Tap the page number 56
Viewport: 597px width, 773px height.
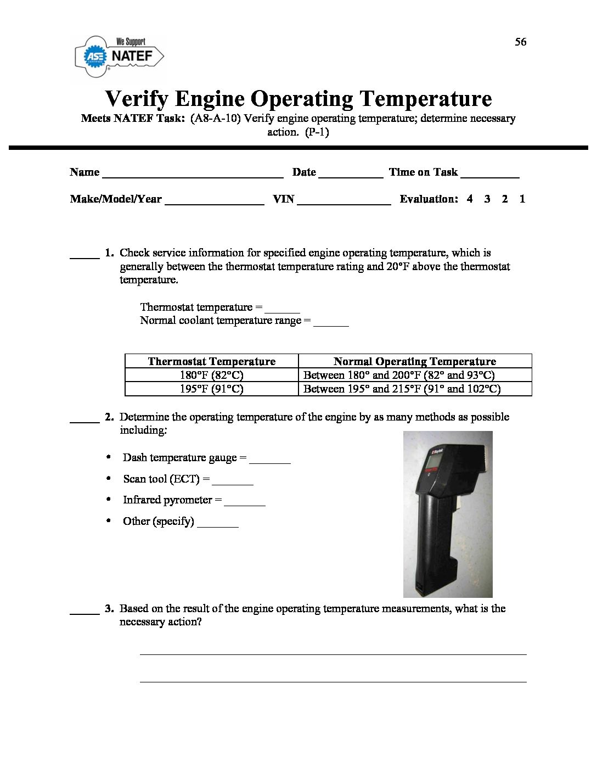click(x=520, y=42)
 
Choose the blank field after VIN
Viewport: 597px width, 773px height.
click(x=343, y=202)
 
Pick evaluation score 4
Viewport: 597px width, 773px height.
click(x=470, y=199)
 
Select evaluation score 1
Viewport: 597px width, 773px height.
click(x=522, y=199)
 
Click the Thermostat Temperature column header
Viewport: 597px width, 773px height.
click(x=212, y=361)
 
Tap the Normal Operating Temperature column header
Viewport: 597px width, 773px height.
click(x=415, y=361)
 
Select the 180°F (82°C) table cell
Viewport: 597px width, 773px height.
click(x=212, y=375)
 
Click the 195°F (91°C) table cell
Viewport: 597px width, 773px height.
click(x=212, y=389)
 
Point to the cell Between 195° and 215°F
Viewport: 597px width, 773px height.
click(x=402, y=389)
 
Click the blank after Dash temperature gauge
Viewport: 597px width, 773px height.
click(x=269, y=461)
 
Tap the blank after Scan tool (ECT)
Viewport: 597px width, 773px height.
click(x=232, y=483)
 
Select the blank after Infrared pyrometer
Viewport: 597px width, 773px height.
click(x=245, y=503)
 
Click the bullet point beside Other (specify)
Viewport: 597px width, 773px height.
click(x=109, y=520)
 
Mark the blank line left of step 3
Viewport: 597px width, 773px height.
click(x=85, y=612)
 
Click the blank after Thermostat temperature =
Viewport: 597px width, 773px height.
click(x=282, y=310)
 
